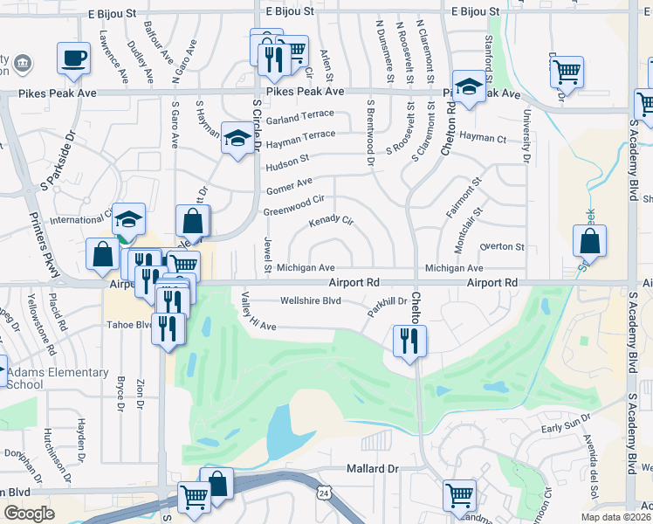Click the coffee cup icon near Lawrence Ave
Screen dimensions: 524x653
(x=73, y=58)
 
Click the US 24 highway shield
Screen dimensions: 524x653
(x=325, y=493)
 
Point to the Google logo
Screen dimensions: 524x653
(x=29, y=514)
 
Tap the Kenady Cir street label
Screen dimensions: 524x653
(x=331, y=221)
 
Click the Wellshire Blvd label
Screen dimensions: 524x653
(x=309, y=301)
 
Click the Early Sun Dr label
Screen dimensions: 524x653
(x=566, y=427)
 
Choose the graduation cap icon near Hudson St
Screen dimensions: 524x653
(x=236, y=138)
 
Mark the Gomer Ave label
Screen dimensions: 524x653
(x=289, y=185)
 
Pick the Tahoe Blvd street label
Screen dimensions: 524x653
(x=129, y=325)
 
